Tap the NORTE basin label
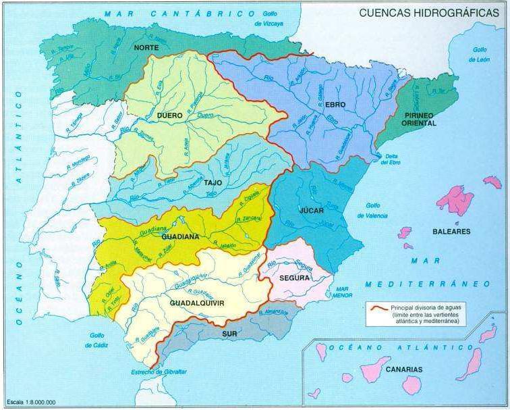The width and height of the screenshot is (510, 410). tap(146, 47)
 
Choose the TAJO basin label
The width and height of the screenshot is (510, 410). tap(213, 182)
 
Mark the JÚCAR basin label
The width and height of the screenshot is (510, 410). tap(311, 210)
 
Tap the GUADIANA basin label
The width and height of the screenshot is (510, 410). tap(179, 236)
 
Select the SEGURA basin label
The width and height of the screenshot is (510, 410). tap(295, 278)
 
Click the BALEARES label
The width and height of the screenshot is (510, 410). tap(451, 231)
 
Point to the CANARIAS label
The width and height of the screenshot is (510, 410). tap(404, 369)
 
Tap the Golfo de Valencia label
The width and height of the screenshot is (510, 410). tap(376, 211)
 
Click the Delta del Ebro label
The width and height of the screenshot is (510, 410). tap(391, 158)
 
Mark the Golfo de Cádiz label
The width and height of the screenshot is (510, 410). tap(98, 340)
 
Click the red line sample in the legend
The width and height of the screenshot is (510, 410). tap(378, 308)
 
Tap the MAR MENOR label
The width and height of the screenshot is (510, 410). tap(343, 291)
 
